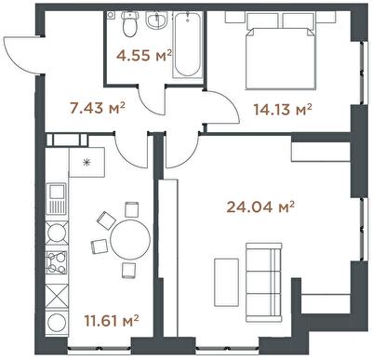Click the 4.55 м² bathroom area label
[144, 56]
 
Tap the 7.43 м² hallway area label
[98, 108]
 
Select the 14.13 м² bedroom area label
[283, 109]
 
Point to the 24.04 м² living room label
[260, 207]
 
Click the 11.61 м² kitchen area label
[112, 320]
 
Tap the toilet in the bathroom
[129, 24]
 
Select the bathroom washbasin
[157, 20]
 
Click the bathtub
[186, 44]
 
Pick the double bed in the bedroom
[281, 59]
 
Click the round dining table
[130, 239]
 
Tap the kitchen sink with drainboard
[56, 198]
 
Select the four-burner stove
[57, 262]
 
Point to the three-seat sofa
[264, 282]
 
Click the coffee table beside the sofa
[227, 282]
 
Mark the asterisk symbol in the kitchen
[87, 162]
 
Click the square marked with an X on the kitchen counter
[57, 297]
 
